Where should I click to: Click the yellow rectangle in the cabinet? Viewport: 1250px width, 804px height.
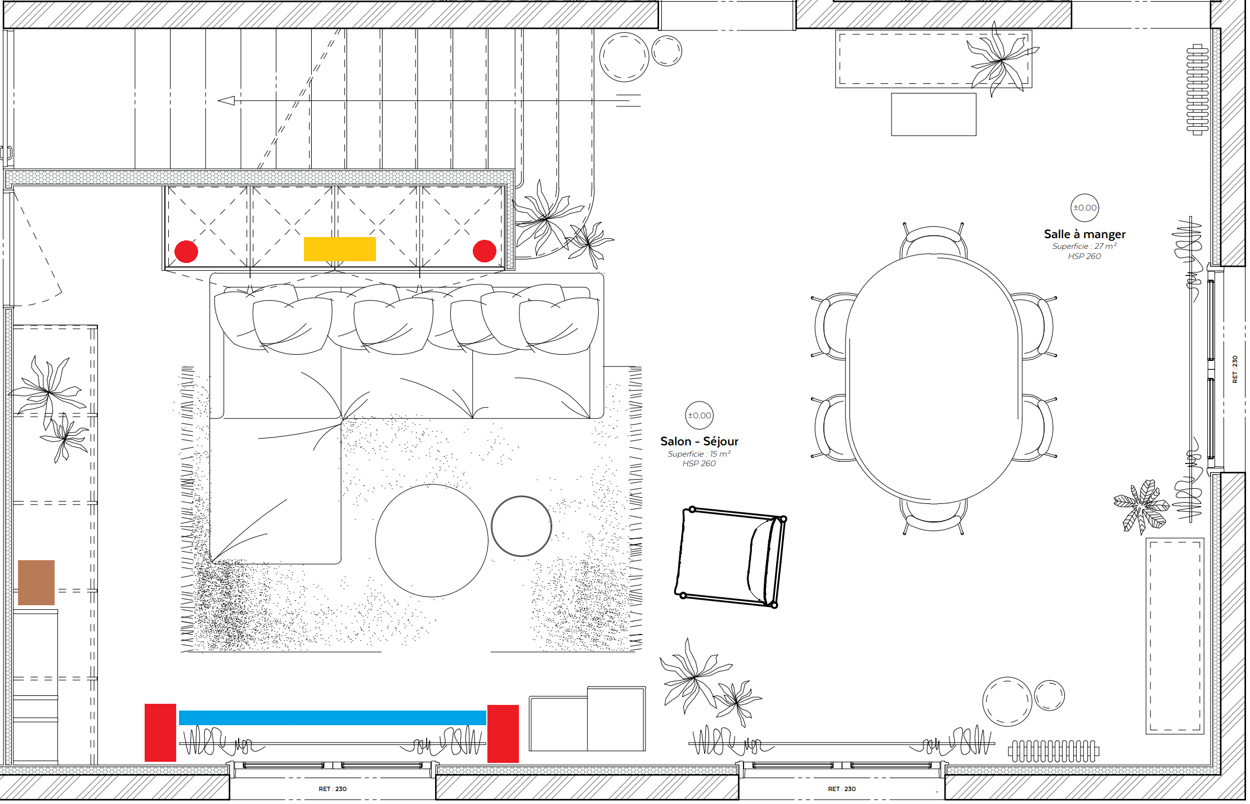click(339, 249)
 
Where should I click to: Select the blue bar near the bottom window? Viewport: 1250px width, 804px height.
click(332, 717)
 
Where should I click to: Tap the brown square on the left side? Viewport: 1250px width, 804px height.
click(36, 582)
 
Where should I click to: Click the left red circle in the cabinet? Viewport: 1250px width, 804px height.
click(186, 251)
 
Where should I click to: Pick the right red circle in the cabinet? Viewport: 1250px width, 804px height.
click(484, 251)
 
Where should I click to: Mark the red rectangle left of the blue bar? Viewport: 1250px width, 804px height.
click(160, 732)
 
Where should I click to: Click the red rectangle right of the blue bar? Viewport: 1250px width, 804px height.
click(503, 734)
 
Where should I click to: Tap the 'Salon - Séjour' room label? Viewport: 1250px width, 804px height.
click(699, 441)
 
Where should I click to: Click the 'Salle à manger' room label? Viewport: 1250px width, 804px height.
click(1085, 234)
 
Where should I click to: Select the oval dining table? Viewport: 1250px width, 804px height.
click(934, 378)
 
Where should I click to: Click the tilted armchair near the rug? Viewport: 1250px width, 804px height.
click(731, 557)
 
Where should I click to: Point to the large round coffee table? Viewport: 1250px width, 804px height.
click(432, 541)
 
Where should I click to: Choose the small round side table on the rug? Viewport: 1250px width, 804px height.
click(522, 526)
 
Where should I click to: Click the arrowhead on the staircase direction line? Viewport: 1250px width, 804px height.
click(226, 101)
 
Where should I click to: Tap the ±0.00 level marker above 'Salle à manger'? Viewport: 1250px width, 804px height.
click(1085, 208)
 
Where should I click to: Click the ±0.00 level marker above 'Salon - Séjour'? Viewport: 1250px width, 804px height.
click(700, 416)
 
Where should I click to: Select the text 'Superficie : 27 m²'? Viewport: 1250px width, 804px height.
click(1085, 246)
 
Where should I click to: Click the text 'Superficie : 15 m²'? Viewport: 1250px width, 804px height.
click(699, 454)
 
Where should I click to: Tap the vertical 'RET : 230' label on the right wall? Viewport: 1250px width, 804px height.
click(1235, 369)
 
